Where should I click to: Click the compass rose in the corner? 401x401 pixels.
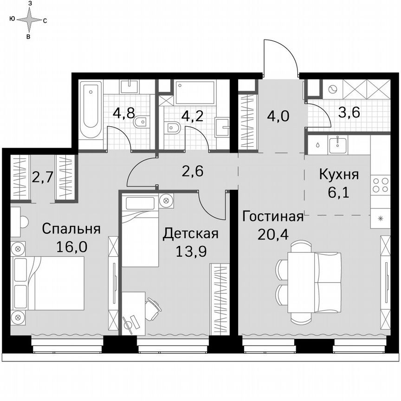(x=28, y=19)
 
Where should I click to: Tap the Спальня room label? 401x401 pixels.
(x=71, y=229)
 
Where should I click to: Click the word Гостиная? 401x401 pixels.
(x=272, y=217)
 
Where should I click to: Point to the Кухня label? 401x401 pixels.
(x=339, y=175)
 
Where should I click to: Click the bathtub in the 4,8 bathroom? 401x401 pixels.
(x=90, y=110)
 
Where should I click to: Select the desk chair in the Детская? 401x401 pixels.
(x=152, y=306)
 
